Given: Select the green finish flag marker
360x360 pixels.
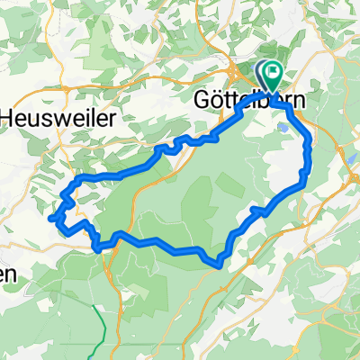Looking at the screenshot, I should tap(274, 72).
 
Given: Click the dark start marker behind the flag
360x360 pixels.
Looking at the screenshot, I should tap(264, 72).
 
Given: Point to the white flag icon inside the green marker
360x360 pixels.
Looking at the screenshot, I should tap(274, 70).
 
